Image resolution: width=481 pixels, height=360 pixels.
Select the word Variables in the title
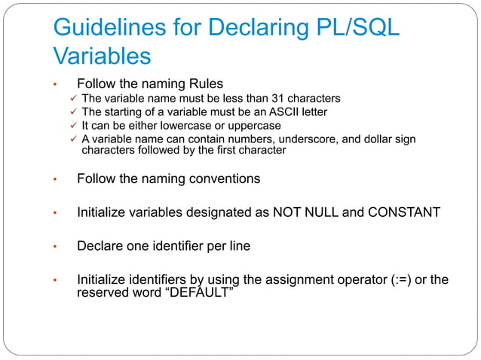pos(102,56)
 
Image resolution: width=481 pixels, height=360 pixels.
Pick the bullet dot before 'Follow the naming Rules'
pos(55,85)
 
